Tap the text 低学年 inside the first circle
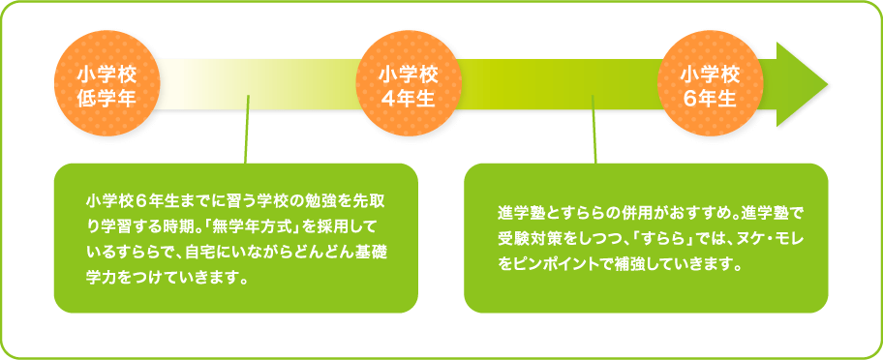tap(106, 98)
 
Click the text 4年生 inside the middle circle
tap(408, 98)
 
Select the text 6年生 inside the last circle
tap(709, 98)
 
